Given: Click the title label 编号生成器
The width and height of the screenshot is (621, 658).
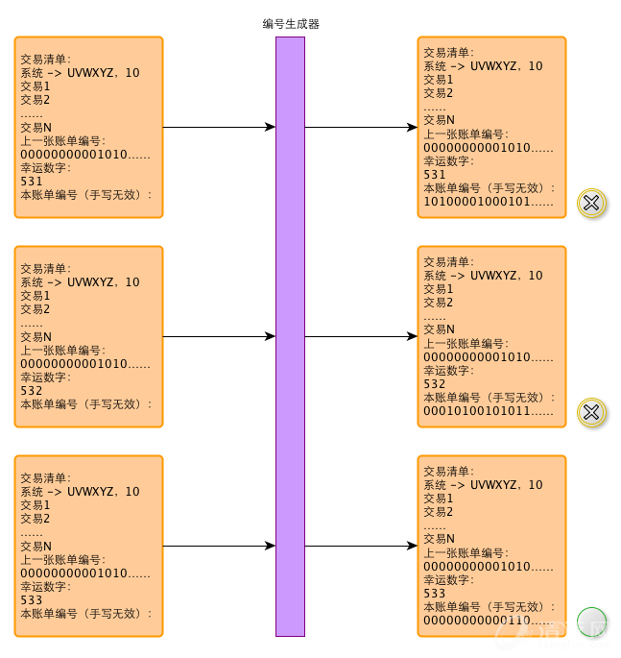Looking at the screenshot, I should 291,24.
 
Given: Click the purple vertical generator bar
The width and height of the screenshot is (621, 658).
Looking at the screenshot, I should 290,336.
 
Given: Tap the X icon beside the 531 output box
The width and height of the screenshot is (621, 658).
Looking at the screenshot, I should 591,203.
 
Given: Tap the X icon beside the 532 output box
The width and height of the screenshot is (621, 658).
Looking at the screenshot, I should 591,412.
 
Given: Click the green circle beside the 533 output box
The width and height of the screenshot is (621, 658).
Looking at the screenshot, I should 591,621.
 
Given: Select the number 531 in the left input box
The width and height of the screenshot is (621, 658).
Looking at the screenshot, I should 32,181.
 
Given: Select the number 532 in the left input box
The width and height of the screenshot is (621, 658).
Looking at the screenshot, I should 32,391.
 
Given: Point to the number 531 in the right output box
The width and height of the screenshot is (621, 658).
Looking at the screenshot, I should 435,175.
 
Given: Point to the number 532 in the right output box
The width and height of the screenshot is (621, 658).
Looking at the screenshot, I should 435,384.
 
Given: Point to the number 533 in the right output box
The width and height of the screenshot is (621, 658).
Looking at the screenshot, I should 435,594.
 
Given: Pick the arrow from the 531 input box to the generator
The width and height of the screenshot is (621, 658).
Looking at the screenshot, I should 219,127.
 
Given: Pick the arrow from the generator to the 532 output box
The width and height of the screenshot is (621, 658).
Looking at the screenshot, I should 361,337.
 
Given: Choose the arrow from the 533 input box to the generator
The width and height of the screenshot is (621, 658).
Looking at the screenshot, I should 219,547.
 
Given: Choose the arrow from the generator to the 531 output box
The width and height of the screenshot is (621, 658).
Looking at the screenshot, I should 361,127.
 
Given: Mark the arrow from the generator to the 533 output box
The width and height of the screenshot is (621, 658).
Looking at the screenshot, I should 361,547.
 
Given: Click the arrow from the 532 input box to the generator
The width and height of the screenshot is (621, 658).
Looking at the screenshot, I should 219,337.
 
